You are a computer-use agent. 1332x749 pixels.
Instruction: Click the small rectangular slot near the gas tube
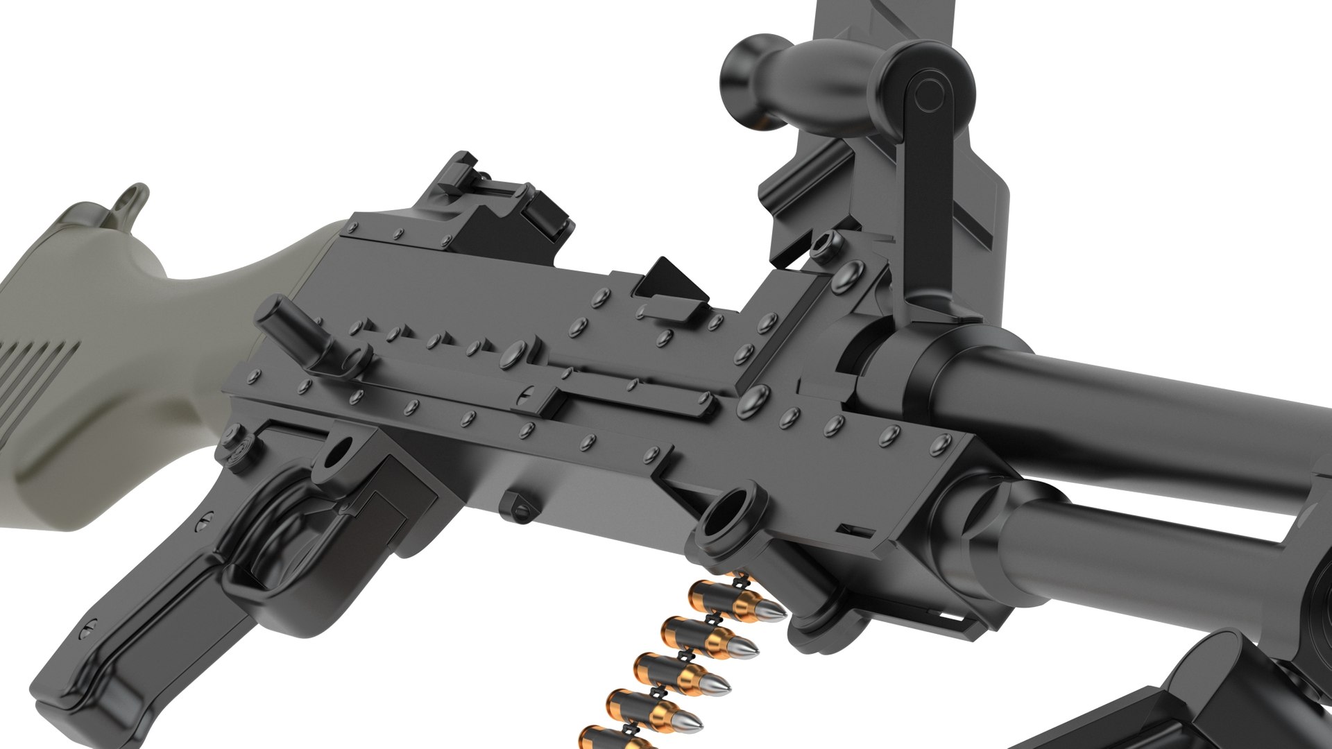[855, 531]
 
